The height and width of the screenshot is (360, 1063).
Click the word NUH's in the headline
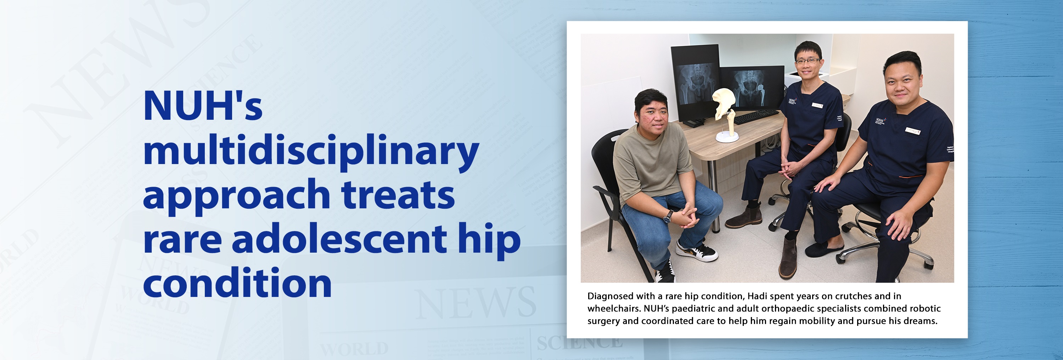click(x=203, y=106)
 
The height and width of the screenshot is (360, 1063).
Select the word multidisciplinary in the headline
click(x=311, y=152)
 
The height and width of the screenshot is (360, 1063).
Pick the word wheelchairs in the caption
click(x=613, y=308)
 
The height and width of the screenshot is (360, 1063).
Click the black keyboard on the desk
click(x=756, y=117)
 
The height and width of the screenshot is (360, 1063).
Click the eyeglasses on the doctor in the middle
click(x=807, y=61)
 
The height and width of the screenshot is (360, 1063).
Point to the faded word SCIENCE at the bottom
click(x=579, y=343)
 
